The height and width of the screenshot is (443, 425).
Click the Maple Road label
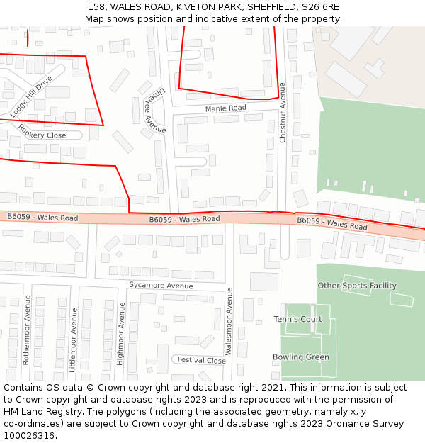pos(225,108)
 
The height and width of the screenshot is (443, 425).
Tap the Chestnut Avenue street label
pos(282,113)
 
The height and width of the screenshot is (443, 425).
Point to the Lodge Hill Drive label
pos(32,96)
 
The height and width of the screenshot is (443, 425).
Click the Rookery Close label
pos(42,131)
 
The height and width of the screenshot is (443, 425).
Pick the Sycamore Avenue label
pos(161,286)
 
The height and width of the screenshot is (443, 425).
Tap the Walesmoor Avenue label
pos(229,321)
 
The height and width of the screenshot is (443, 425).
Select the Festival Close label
pos(201,360)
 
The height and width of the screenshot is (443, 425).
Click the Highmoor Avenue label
pos(121,333)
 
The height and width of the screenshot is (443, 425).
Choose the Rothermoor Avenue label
pos(27,330)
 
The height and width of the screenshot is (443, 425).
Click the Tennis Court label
pos(297,320)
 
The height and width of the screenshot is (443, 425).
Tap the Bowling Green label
pos(300,357)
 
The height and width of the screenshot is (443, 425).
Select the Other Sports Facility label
pos(356,286)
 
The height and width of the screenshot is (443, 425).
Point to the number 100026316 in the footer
pos(28,436)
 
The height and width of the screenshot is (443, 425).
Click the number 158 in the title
pos(97,7)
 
